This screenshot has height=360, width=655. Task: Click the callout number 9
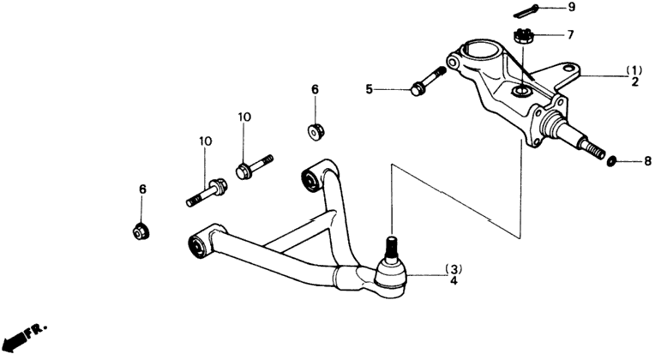click(x=572, y=7)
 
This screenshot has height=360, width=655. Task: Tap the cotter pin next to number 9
click(x=525, y=11)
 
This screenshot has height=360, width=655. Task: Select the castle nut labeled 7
click(x=522, y=35)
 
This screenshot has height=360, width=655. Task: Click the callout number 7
click(x=570, y=34)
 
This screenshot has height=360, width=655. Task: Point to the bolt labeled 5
click(x=429, y=81)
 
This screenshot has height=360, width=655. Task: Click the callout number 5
click(x=369, y=89)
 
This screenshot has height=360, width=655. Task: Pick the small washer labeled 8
click(x=611, y=161)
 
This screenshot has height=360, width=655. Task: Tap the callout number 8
click(x=647, y=161)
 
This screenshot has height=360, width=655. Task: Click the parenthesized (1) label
click(x=634, y=70)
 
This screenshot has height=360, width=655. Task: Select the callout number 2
click(x=634, y=81)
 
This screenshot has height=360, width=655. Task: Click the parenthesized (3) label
click(x=454, y=268)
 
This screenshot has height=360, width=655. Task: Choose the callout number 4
click(x=454, y=280)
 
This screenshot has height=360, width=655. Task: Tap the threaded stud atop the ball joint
click(x=391, y=247)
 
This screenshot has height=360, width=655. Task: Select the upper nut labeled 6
click(x=315, y=131)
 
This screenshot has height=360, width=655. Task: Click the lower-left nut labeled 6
click(x=141, y=231)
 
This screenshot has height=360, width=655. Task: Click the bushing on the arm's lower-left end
click(x=197, y=245)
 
